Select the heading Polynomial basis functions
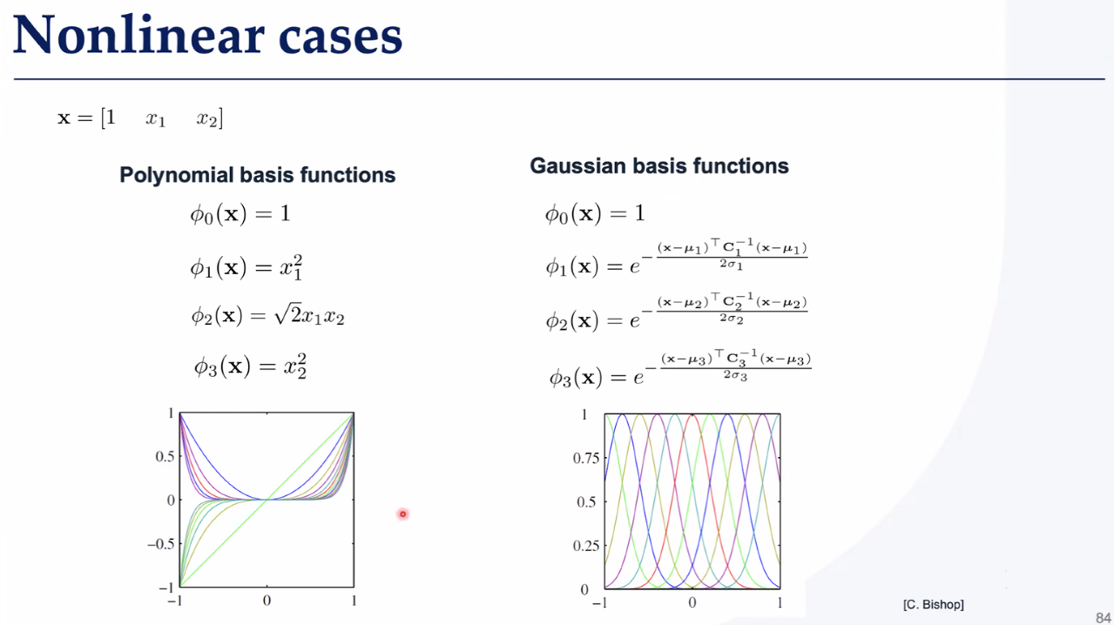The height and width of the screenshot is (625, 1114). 257,175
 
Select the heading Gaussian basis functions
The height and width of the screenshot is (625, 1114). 659,166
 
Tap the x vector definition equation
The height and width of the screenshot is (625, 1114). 140,118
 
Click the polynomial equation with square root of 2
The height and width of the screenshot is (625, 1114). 267,315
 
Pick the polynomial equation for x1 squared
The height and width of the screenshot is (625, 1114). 246,267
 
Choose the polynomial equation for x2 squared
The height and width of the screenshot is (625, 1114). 250,366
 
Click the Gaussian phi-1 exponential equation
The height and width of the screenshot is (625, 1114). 677,258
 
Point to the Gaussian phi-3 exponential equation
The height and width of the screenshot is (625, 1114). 680,369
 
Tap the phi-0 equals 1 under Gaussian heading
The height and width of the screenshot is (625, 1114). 595,214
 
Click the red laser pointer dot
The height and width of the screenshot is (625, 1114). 402,514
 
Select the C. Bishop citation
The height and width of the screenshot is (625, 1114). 934,605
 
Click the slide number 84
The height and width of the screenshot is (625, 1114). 1103,617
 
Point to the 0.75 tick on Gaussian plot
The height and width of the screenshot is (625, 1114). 586,458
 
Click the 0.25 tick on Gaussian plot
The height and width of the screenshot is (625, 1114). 586,546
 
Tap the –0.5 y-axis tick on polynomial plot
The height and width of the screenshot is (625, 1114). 160,544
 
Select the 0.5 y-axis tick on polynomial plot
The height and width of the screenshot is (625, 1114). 165,456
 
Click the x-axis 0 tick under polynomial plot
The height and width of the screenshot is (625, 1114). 267,601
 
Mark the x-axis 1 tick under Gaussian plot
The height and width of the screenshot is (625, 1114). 780,602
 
